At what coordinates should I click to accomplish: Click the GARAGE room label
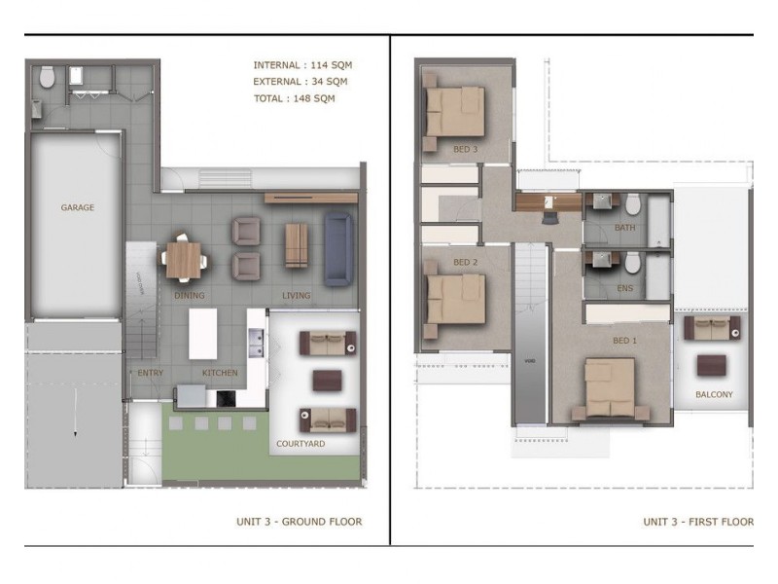[x=78, y=207]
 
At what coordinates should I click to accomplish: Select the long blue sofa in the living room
[x=337, y=250]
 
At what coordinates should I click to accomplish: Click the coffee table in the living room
[x=296, y=244]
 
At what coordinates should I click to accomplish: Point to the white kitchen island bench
[x=202, y=334]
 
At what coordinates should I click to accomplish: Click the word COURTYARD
[x=301, y=444]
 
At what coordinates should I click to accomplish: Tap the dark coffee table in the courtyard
[x=326, y=380]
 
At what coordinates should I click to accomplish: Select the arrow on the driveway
[x=73, y=432]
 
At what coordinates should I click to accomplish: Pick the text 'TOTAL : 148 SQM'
[x=294, y=98]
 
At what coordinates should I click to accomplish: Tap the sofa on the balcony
[x=712, y=328]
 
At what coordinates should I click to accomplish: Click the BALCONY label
[x=714, y=395]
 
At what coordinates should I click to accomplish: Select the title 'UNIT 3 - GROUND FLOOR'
[x=299, y=522]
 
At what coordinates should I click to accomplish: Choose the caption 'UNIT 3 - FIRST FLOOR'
[x=697, y=522]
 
